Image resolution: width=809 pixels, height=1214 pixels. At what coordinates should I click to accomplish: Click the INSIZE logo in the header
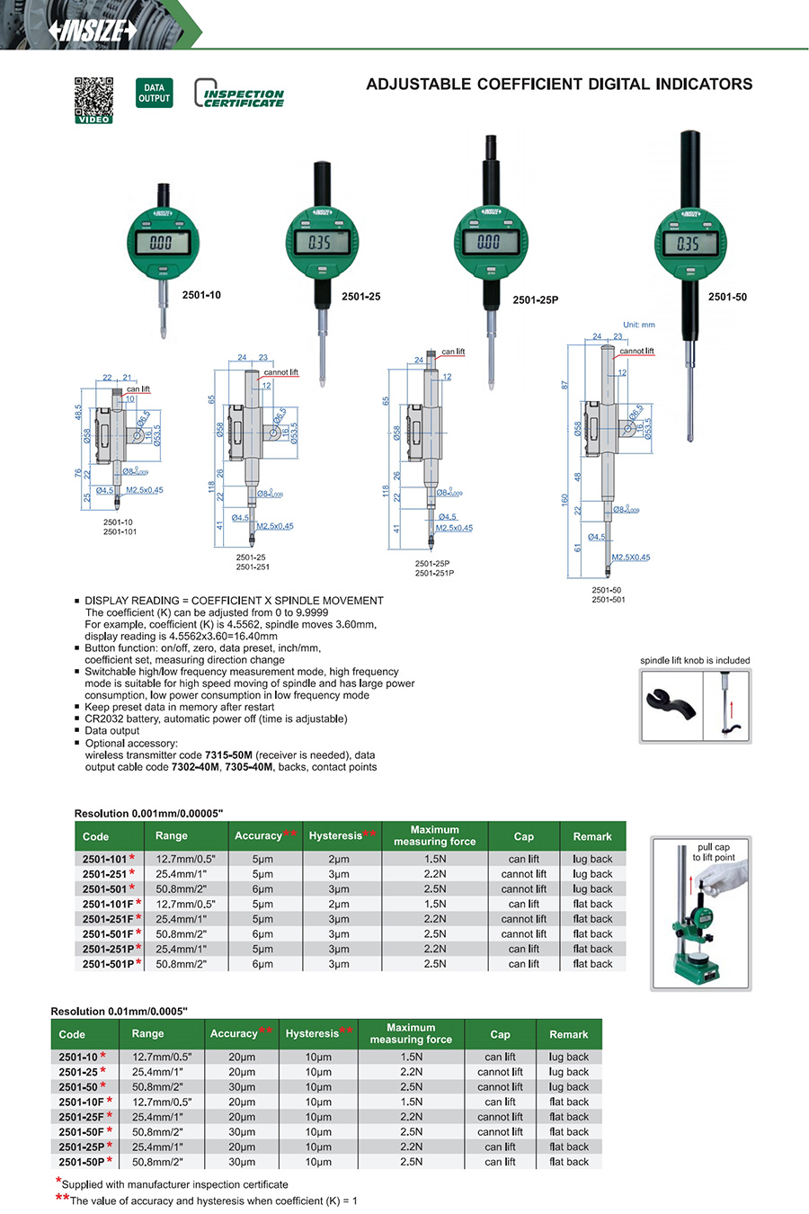point(93,31)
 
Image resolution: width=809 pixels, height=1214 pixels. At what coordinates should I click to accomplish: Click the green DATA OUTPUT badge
point(154,93)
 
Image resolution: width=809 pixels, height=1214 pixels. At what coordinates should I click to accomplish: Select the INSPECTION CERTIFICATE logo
point(239,94)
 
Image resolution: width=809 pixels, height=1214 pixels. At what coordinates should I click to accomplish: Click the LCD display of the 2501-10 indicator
point(162,242)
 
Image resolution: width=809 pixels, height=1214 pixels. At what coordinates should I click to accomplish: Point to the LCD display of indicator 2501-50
point(688,244)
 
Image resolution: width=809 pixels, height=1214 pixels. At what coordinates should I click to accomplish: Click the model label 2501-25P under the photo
point(535,299)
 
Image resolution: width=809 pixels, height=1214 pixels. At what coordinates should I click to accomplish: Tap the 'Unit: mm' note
point(638,325)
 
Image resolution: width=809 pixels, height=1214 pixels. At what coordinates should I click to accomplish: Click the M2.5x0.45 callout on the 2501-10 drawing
point(145,490)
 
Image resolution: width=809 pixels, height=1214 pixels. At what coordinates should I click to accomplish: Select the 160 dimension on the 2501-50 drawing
point(565,498)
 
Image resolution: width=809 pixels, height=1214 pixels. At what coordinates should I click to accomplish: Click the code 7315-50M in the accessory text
point(228,755)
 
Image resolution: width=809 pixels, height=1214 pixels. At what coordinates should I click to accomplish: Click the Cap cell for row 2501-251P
point(523,949)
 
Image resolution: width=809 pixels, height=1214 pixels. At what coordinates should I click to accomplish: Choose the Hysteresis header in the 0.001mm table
point(335,836)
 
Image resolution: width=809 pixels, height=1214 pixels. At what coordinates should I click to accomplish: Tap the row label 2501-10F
point(82,1102)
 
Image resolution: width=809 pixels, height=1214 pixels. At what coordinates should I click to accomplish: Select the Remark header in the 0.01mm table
point(568,1034)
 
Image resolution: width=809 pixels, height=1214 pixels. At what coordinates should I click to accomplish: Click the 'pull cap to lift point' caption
point(713,852)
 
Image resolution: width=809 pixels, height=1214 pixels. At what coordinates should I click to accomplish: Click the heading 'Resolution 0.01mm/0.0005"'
point(120,1011)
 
